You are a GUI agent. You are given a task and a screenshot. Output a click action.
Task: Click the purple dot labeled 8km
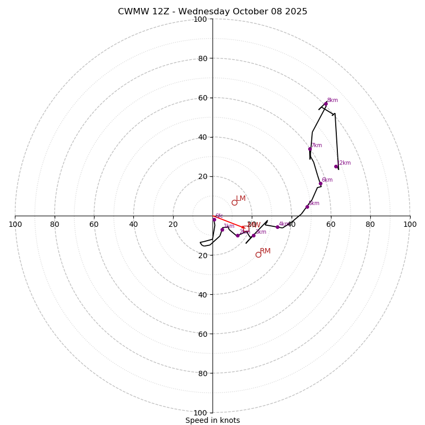click(x=326, y=104)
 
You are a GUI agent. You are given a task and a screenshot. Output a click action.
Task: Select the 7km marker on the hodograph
click(x=310, y=149)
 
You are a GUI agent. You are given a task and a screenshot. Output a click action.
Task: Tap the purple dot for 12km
click(x=336, y=166)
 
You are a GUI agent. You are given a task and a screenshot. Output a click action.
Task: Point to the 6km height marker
click(x=320, y=183)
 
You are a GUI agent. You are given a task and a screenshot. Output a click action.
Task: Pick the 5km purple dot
click(x=307, y=207)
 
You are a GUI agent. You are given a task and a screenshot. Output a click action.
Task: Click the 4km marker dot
click(x=277, y=227)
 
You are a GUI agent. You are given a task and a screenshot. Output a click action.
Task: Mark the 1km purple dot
click(x=222, y=229)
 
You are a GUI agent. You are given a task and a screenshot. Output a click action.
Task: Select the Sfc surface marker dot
click(x=214, y=219)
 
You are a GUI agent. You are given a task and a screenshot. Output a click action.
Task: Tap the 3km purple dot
click(x=253, y=235)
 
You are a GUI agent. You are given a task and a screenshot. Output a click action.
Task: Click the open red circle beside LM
click(x=234, y=202)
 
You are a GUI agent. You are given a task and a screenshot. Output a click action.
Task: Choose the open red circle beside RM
click(x=258, y=254)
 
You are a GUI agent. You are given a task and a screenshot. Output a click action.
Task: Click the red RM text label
click(x=265, y=251)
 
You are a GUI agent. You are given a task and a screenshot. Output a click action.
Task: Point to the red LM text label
click(x=241, y=199)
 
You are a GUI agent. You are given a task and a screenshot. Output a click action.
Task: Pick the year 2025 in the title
click(x=296, y=12)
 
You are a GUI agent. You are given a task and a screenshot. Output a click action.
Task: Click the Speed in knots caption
click(x=212, y=420)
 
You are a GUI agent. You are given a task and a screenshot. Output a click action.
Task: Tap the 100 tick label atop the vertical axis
click(x=200, y=19)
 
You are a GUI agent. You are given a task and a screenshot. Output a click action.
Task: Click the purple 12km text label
click(x=344, y=163)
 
